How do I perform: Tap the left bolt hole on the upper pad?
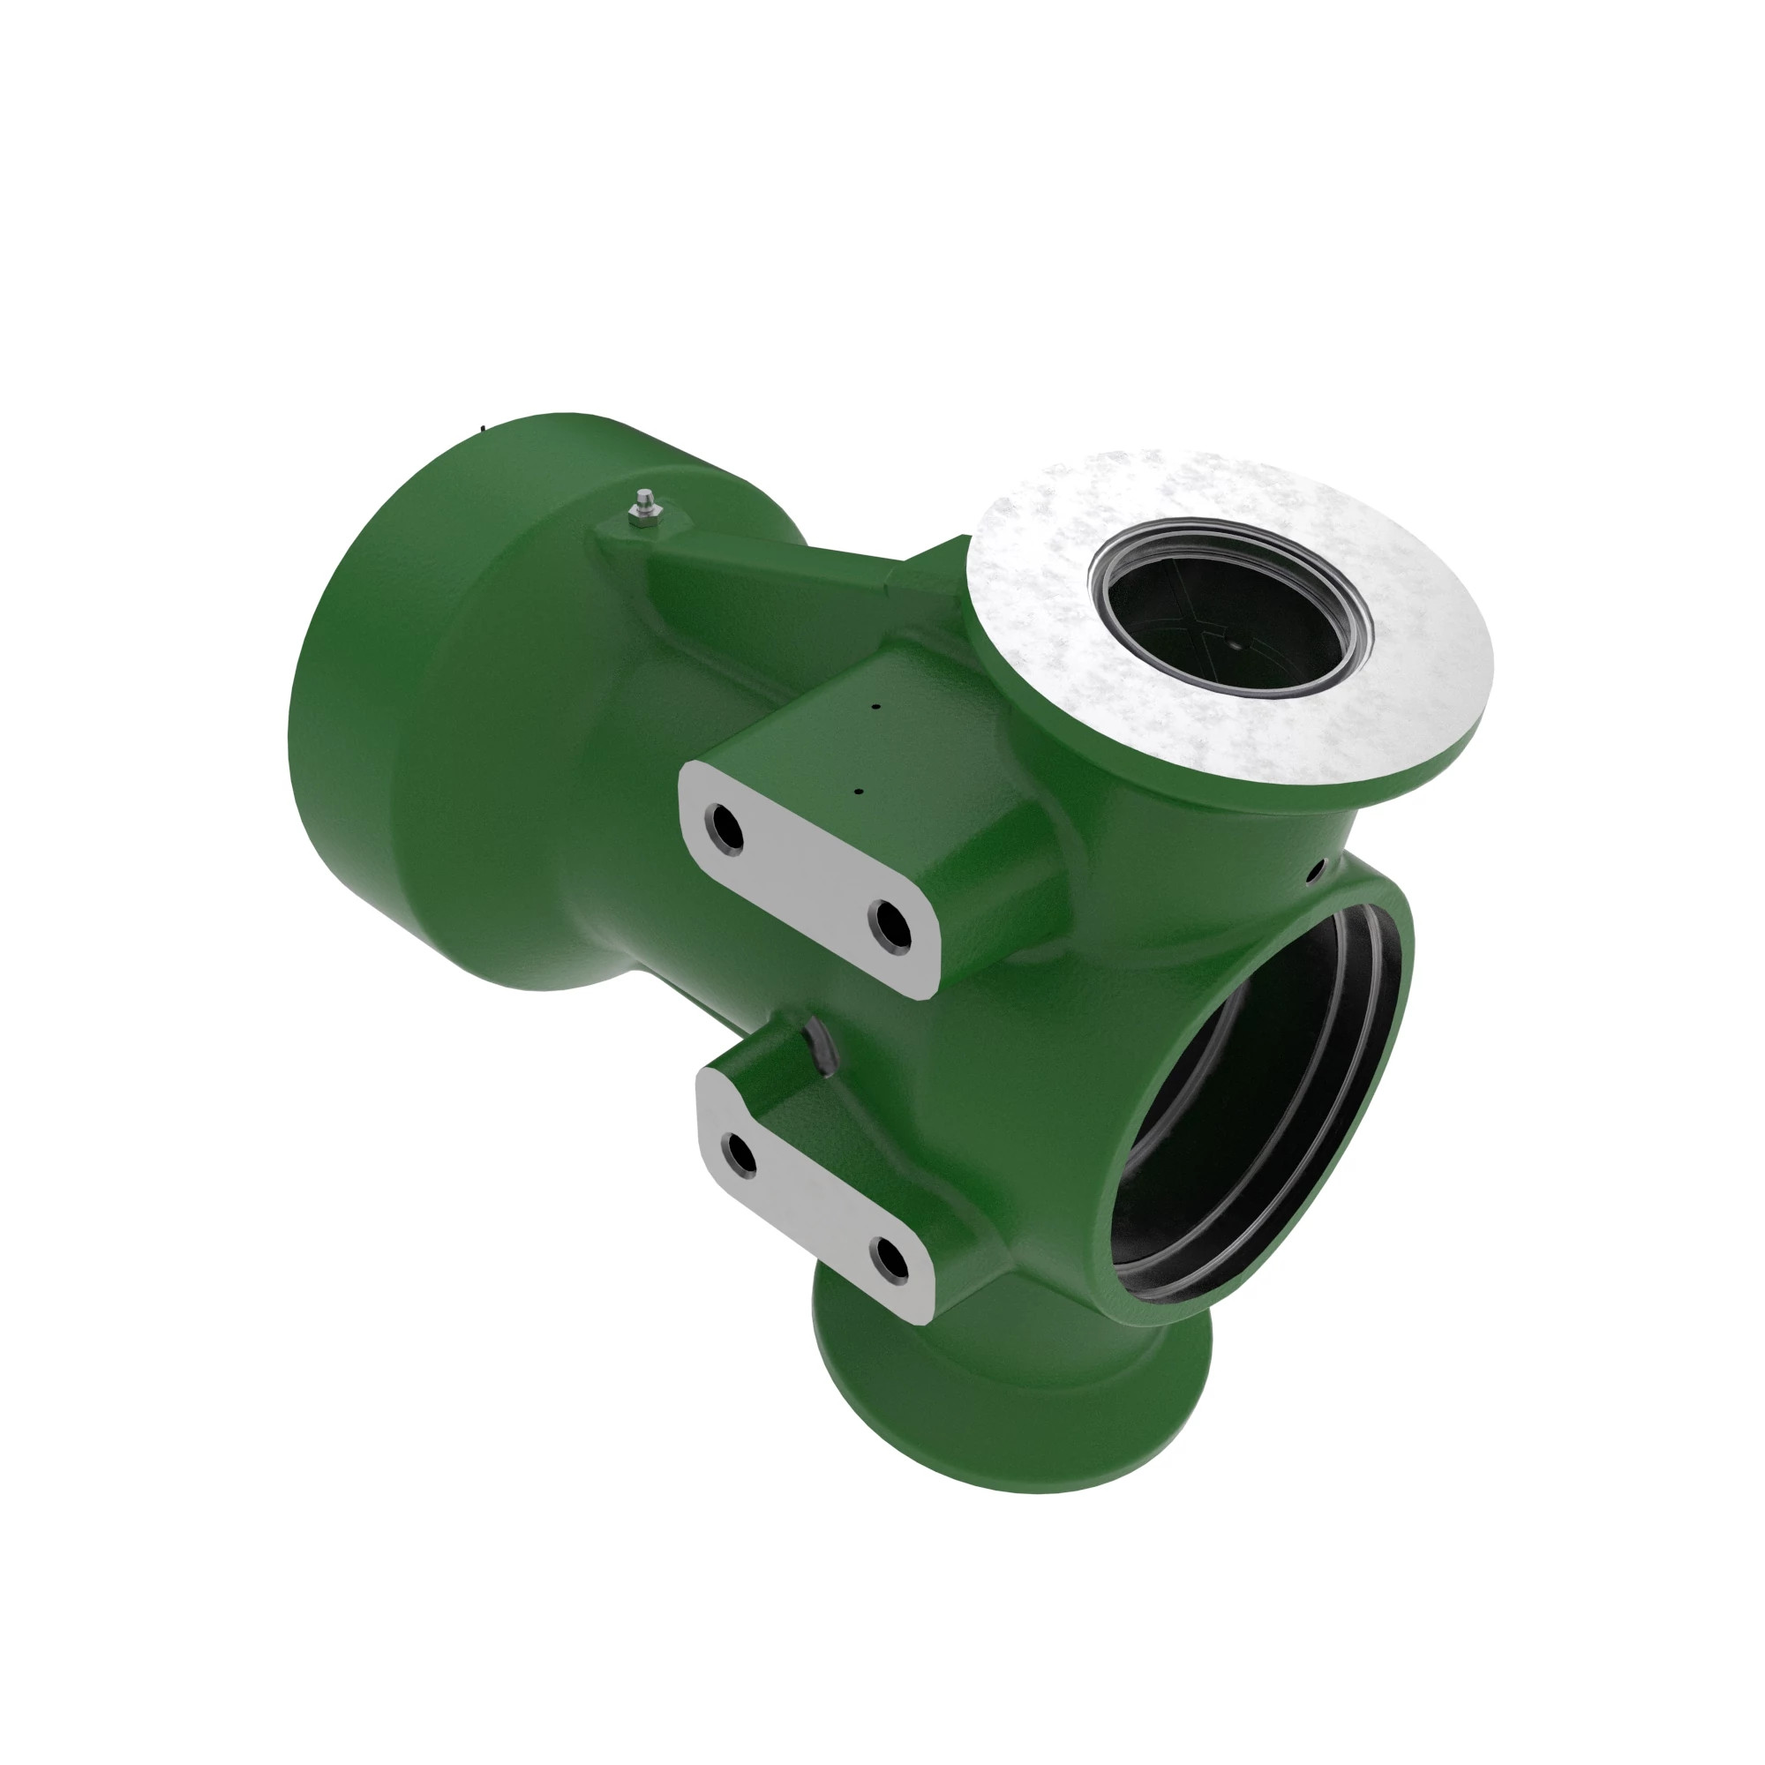725,828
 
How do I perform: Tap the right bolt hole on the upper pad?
889,930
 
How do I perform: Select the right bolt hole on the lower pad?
889,1259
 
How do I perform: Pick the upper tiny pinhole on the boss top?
875,706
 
